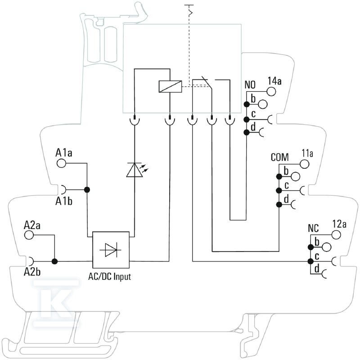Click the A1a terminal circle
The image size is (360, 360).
tap(61, 163)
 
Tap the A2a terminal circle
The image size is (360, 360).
tap(29, 235)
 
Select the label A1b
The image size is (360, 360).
tap(64, 201)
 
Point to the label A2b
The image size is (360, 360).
tap(32, 272)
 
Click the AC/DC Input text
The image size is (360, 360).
tap(110, 277)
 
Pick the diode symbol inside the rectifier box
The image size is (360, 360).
tap(111, 250)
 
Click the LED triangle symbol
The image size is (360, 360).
tap(135, 170)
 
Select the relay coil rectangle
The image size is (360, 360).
tap(171, 86)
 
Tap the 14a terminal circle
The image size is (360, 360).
tap(271, 91)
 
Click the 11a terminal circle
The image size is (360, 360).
tap(305, 164)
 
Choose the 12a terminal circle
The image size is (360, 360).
tap(336, 234)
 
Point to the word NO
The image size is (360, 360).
tap(250, 85)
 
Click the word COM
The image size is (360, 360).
tap(279, 157)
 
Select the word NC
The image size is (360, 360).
tap(313, 228)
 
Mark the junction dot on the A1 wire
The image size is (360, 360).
tap(87, 190)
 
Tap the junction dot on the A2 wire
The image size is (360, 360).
tap(54, 261)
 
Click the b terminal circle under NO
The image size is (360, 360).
tap(263, 104)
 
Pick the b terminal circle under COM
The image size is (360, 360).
tap(296, 176)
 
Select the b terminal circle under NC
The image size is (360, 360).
tap(327, 247)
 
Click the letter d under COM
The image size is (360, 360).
tap(286, 199)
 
